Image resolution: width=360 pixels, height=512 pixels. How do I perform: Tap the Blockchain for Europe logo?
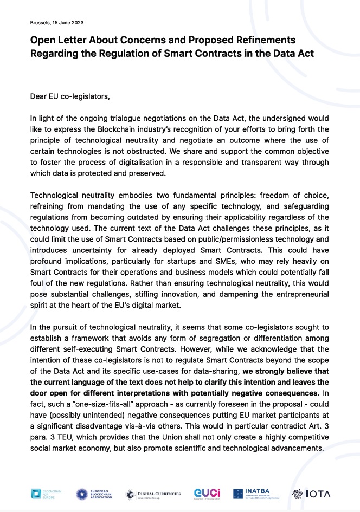(47, 494)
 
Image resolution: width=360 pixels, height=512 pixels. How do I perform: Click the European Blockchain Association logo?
(95, 494)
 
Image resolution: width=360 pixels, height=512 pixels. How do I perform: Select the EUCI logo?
(207, 494)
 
